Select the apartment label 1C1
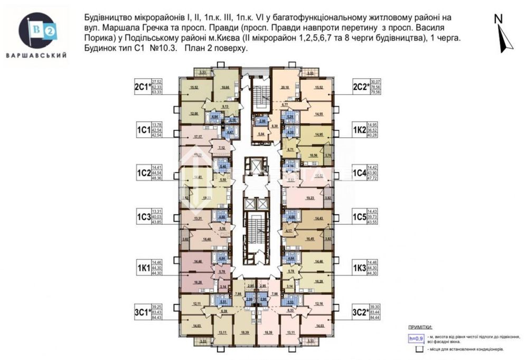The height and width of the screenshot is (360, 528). click(142, 130)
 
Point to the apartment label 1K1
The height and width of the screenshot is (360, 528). click(142, 268)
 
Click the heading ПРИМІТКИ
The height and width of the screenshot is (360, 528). click(420, 327)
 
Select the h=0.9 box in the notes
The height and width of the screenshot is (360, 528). click(416, 338)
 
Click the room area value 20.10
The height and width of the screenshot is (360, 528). click(286, 88)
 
